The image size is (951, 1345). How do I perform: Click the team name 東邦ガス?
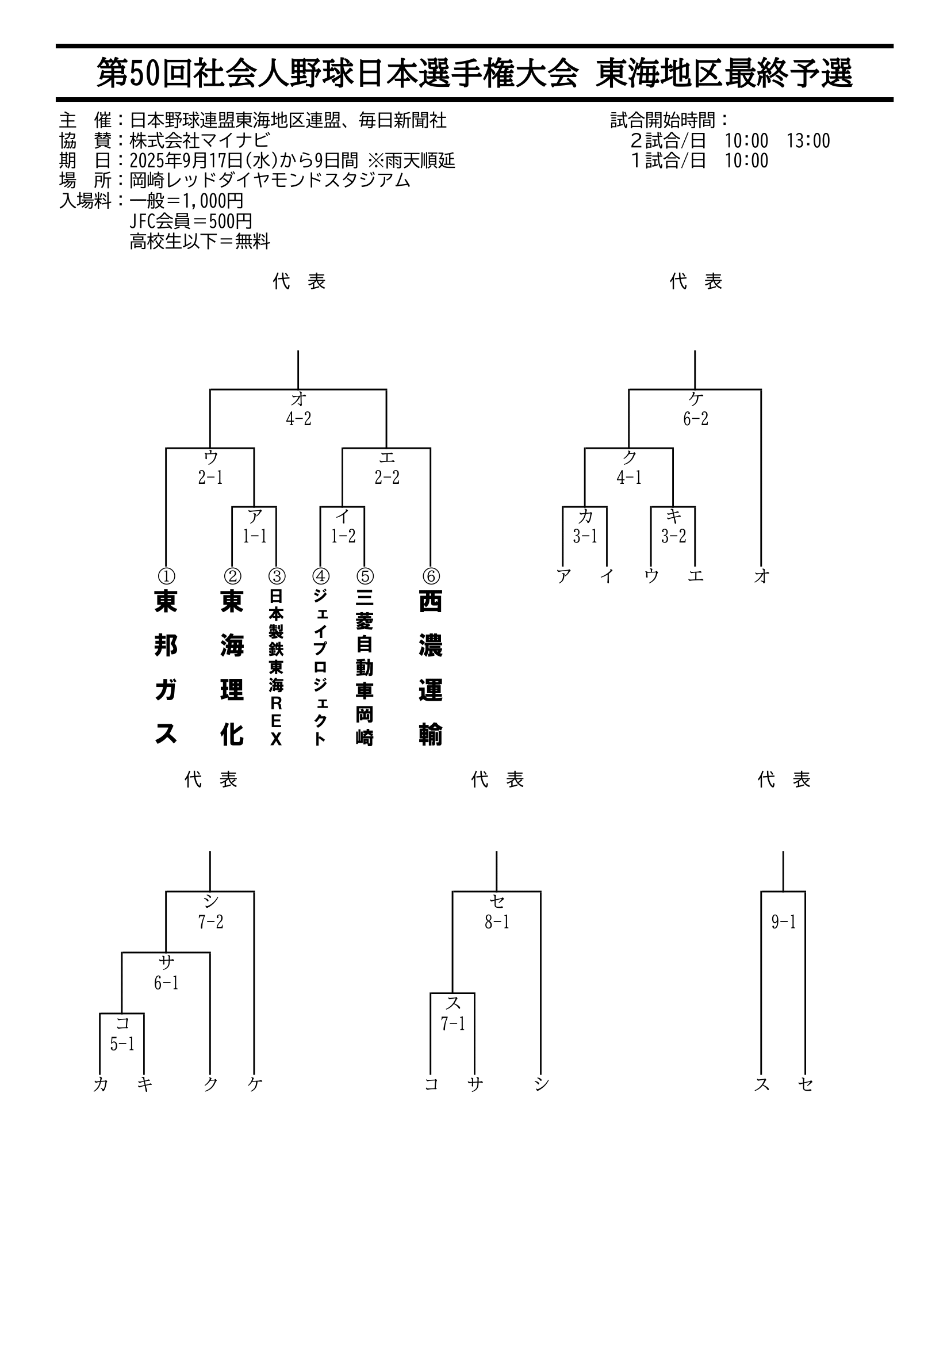(x=166, y=668)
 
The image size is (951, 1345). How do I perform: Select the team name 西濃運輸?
(x=431, y=668)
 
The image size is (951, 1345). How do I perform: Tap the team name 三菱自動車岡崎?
(x=364, y=668)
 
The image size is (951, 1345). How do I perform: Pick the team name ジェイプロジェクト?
(x=320, y=668)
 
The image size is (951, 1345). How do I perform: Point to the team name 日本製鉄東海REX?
(x=276, y=668)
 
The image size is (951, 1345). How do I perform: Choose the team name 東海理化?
(x=232, y=668)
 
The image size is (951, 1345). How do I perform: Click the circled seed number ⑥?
(x=431, y=576)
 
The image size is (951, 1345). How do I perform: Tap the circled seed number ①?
(x=166, y=576)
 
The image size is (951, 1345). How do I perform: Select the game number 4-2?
(x=298, y=419)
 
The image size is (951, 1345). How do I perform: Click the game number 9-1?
(x=784, y=922)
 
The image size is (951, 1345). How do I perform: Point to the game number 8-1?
(x=497, y=922)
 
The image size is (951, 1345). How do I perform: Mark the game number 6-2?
(x=696, y=419)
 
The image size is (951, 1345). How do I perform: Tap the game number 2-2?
(x=387, y=477)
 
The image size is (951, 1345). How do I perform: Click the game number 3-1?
(x=585, y=536)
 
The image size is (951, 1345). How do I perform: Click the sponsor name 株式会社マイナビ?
(x=200, y=140)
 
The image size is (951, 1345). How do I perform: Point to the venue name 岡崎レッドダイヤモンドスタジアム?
(x=270, y=181)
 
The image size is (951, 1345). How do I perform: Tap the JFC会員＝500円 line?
(x=191, y=221)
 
